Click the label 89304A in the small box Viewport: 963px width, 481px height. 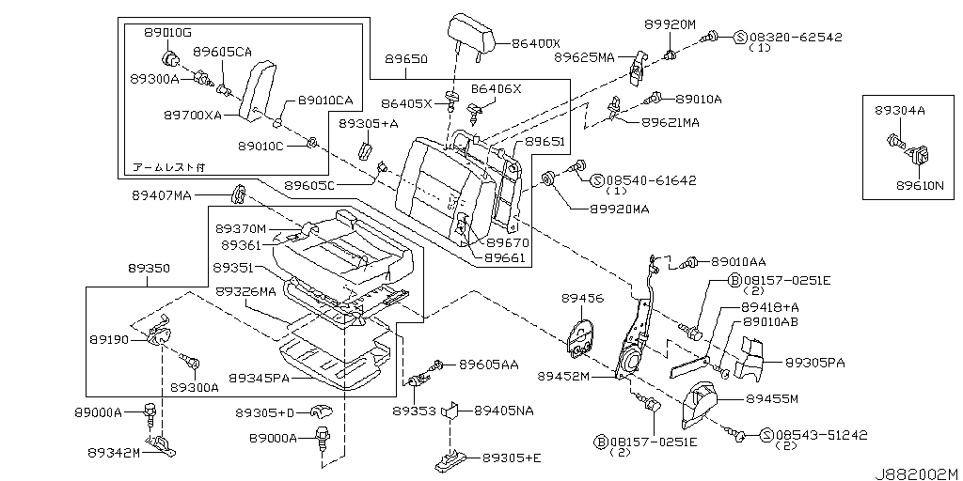click(900, 110)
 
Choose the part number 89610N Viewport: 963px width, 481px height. click(919, 185)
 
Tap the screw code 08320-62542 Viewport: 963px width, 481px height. click(796, 37)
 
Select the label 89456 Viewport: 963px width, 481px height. click(582, 298)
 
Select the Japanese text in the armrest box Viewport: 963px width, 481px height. click(168, 166)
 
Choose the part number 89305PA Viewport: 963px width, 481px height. click(815, 361)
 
